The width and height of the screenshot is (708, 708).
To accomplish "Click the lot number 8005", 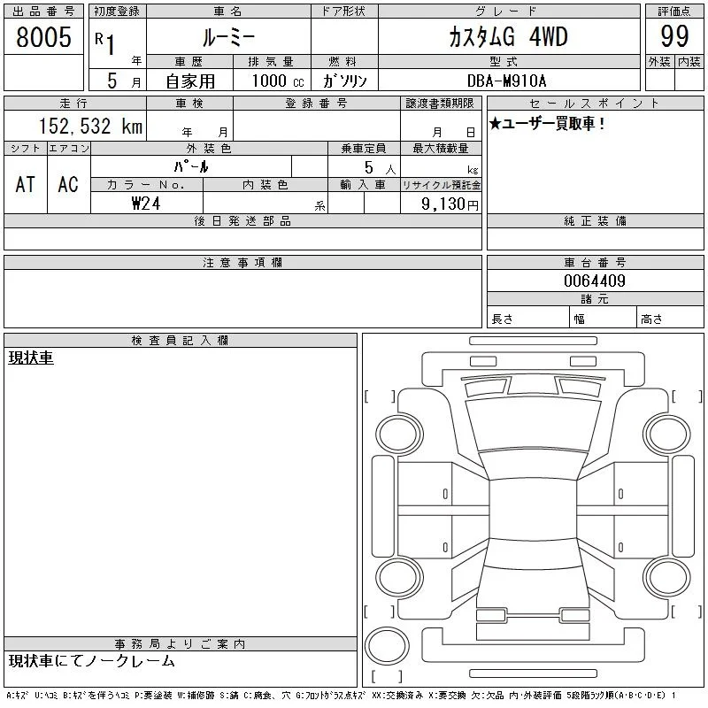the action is coord(43,37).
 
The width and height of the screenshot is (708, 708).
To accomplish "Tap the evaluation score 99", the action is coord(674,36).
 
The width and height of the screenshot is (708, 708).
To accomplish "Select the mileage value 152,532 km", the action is coord(90,126).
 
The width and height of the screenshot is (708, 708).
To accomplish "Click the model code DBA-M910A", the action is coord(506,81).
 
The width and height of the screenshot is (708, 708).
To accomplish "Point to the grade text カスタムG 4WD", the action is coord(508,36).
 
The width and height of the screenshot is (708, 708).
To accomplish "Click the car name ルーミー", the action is coord(228,37).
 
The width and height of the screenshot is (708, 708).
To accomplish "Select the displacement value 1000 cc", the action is coord(278,81).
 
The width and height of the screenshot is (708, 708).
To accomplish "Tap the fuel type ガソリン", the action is coord(344,81).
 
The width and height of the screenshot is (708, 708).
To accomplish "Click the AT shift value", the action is coord(25,184).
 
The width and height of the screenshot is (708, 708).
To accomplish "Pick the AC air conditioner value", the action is coord(68,184).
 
